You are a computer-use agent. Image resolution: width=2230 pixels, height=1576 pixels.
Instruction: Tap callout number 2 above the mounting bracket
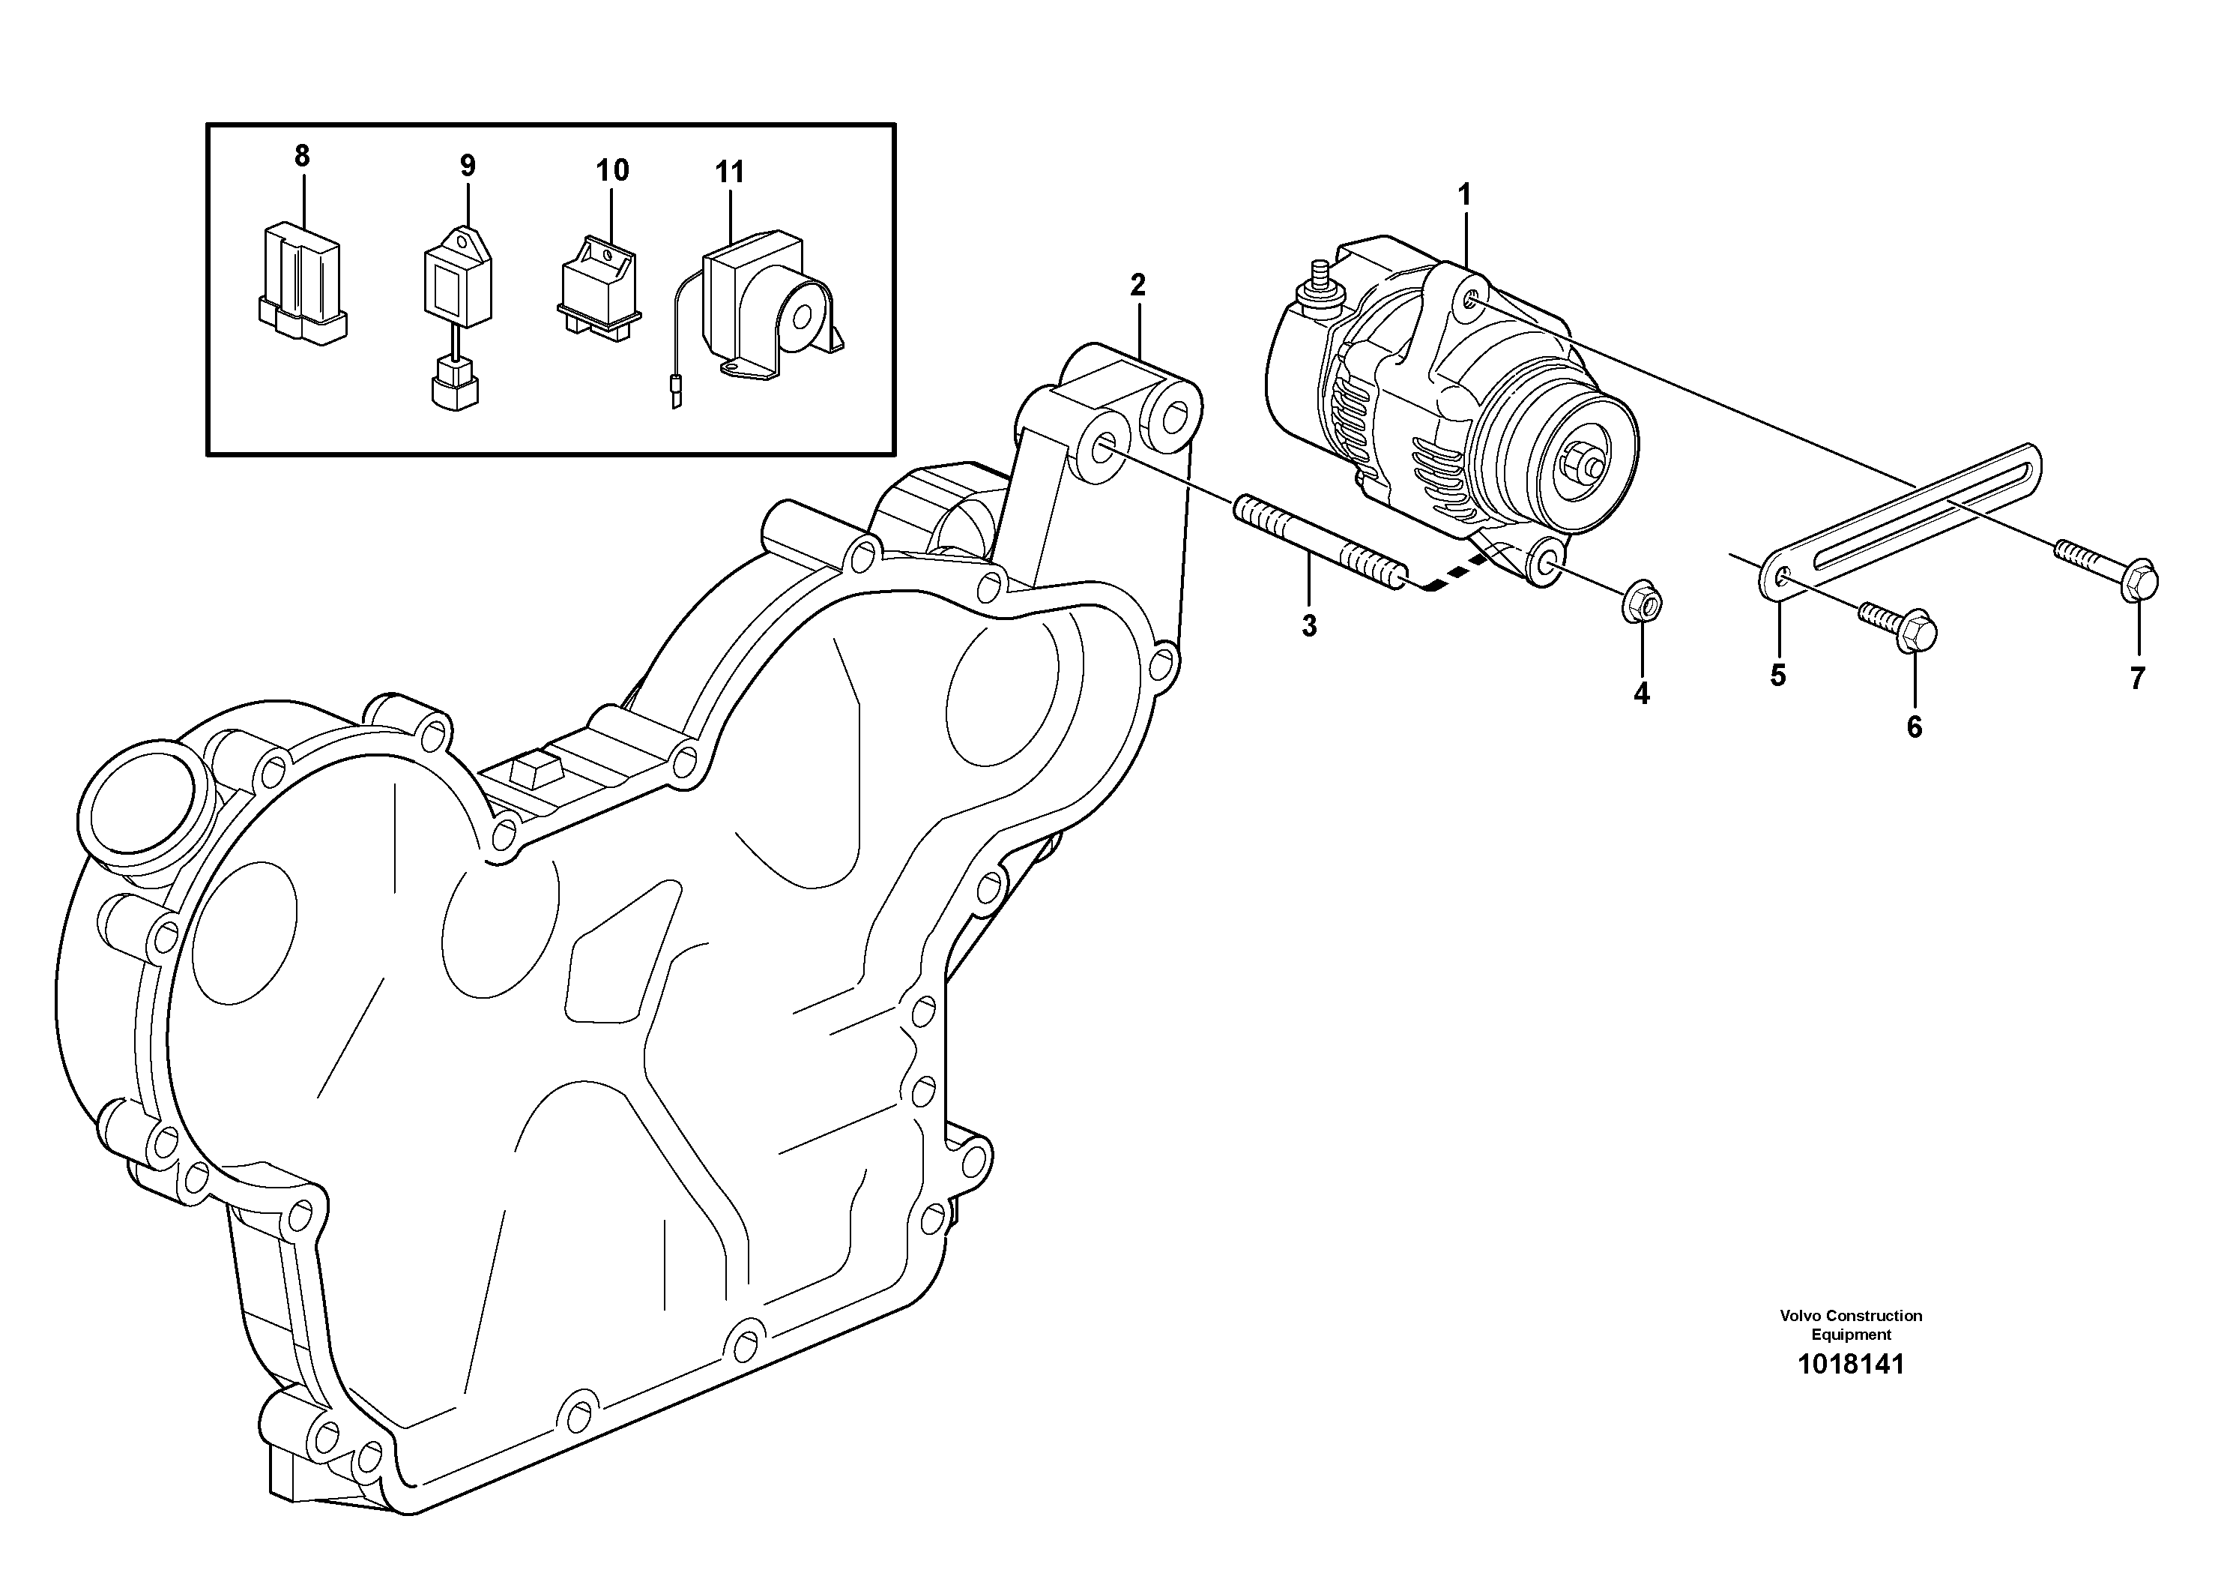(x=1137, y=285)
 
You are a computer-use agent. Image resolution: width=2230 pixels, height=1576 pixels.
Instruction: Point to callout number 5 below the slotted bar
(x=1777, y=676)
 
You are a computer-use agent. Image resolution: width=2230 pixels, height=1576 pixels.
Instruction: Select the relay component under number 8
(x=302, y=282)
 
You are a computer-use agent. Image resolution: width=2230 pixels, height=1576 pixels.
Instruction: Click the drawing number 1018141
(x=1850, y=1364)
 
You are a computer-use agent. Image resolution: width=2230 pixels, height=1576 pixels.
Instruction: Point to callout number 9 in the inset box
(x=467, y=166)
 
